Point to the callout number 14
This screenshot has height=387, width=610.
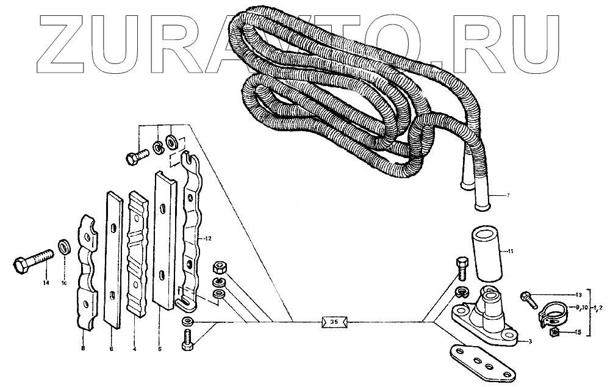[45, 283]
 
